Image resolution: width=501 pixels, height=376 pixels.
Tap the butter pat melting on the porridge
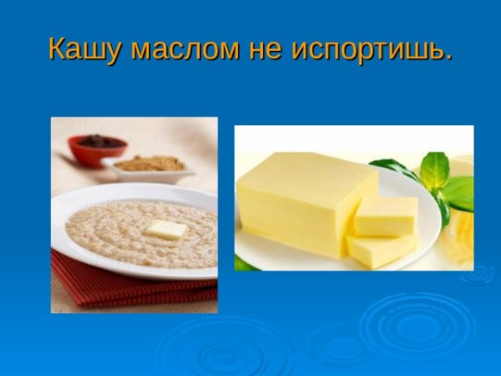tap(166, 230)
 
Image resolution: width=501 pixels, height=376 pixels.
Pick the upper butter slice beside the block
tap(386, 216)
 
